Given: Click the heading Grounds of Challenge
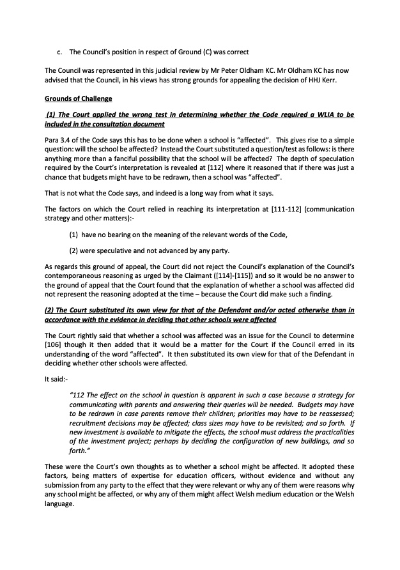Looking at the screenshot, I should click(78, 99).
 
